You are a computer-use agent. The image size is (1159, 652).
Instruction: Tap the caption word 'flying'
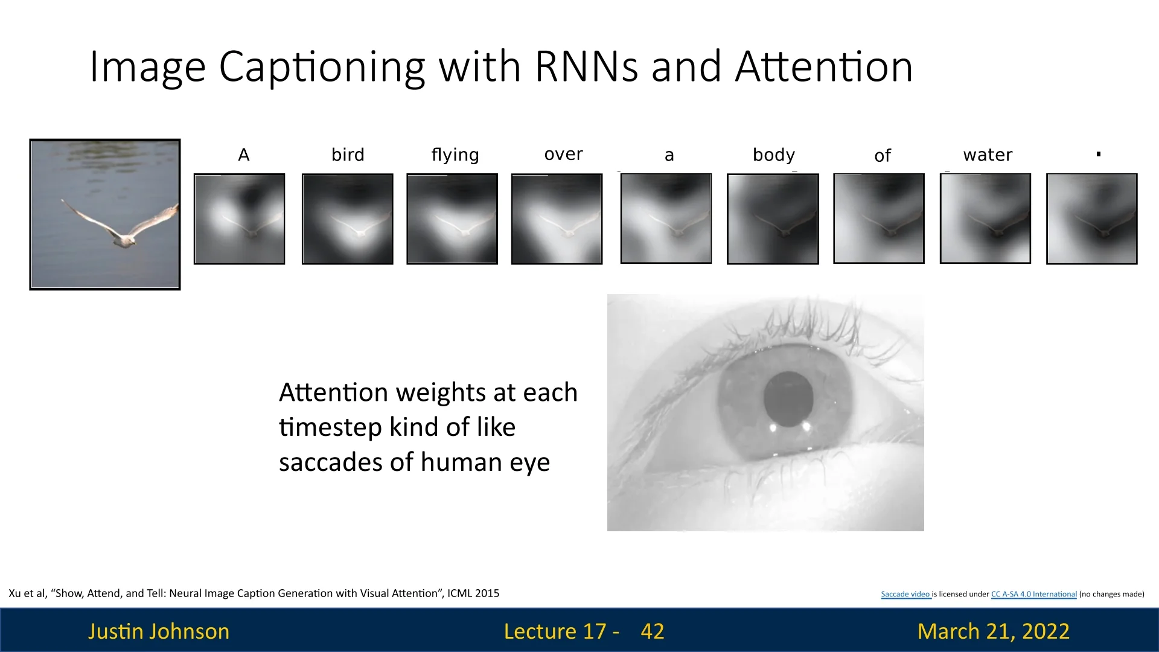[x=455, y=155]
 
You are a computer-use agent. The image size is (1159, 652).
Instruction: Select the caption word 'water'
[x=988, y=155]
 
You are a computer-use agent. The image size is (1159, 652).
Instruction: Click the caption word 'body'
[x=774, y=155]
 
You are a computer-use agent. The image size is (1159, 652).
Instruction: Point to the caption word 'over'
[x=563, y=155]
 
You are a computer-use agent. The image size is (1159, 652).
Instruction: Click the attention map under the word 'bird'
[x=347, y=219]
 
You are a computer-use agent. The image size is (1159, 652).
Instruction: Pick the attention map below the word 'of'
[x=878, y=218]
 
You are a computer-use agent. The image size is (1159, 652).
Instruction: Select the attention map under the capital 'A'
[x=239, y=219]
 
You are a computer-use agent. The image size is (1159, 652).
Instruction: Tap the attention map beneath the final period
[x=1091, y=219]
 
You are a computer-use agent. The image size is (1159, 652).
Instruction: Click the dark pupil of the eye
[x=788, y=398]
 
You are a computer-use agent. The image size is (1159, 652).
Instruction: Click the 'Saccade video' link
[x=905, y=594]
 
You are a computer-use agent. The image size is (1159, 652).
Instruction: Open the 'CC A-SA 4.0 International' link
[x=1033, y=594]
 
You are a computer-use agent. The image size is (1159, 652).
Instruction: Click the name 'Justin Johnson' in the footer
[x=159, y=631]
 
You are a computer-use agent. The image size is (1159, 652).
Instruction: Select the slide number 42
[x=652, y=631]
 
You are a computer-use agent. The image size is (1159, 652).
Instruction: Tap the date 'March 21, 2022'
[x=993, y=631]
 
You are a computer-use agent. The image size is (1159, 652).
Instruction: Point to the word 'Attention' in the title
[x=824, y=66]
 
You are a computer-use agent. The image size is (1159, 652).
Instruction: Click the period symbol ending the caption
[x=1099, y=155]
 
